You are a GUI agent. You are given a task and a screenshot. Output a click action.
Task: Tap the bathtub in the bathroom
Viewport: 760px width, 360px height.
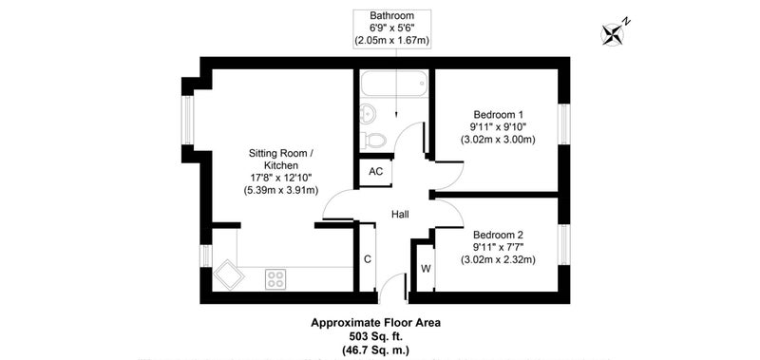394,84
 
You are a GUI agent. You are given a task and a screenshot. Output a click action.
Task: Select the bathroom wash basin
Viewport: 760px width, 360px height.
367,115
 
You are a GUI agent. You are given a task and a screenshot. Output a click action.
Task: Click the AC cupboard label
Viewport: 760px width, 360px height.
376,171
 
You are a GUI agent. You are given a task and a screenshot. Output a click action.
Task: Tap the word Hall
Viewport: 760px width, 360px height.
400,213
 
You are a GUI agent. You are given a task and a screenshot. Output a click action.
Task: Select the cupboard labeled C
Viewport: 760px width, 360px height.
368,258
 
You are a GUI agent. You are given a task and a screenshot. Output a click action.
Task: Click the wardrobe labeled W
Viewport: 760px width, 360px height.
426,268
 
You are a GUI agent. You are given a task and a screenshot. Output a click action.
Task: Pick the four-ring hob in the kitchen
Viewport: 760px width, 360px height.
275,279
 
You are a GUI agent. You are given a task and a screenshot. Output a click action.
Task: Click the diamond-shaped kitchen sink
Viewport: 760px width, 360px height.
228,275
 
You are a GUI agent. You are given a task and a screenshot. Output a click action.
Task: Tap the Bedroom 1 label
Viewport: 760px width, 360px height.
499,115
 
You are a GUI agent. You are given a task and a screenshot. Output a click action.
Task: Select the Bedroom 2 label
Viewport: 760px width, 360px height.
498,235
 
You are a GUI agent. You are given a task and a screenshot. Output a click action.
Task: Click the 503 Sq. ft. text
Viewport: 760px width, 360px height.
375,335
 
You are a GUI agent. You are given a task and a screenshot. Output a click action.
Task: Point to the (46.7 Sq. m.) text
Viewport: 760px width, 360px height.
375,349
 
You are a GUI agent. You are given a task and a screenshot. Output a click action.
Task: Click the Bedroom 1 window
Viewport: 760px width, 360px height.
563,123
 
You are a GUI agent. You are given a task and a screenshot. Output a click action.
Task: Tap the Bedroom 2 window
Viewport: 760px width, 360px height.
563,244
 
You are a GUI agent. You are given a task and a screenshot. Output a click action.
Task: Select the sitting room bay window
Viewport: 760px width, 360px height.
187,120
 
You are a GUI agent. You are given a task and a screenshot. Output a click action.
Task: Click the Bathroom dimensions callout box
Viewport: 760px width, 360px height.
392,28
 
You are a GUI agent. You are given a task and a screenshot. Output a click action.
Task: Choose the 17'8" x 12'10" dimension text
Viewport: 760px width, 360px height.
280,178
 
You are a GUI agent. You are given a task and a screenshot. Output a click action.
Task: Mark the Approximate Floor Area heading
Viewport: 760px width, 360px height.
375,323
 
